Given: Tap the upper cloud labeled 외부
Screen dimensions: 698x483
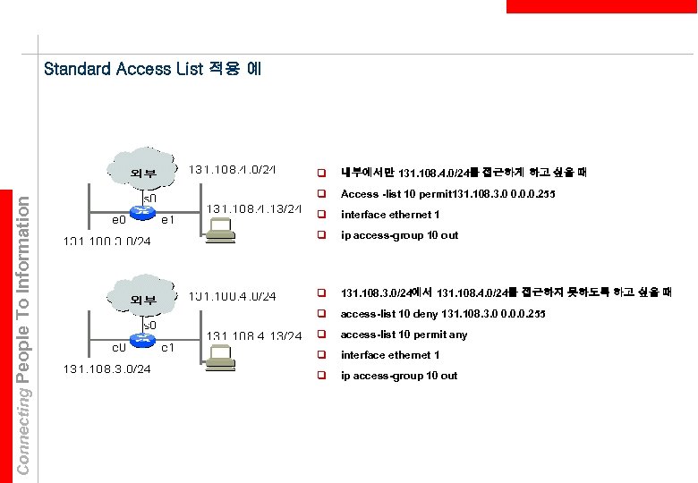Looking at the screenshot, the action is [143, 171].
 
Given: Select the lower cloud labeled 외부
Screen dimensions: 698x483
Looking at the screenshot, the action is [143, 298].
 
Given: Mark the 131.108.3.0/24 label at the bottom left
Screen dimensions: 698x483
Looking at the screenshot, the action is [106, 369].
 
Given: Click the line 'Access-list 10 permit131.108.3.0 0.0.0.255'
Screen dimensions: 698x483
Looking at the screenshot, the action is [447, 194].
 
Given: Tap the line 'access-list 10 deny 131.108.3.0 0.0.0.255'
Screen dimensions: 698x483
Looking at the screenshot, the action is [443, 315].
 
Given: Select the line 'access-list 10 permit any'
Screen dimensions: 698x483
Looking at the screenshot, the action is [404, 335].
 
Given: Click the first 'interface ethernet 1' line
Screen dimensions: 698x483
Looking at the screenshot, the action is [390, 215].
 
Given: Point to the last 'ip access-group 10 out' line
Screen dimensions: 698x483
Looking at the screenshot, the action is [399, 376].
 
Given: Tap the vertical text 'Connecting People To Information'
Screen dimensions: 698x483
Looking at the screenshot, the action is [25, 331].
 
